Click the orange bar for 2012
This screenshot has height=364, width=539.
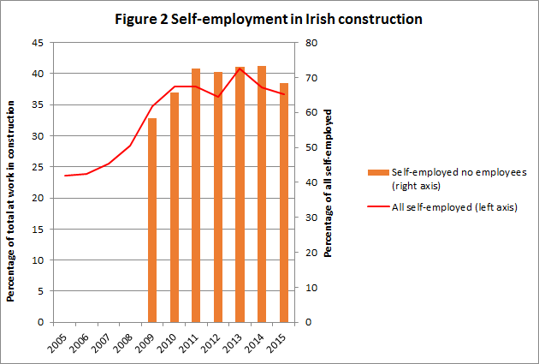218,197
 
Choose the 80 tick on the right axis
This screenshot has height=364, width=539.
313,43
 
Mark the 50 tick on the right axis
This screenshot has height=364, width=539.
313,147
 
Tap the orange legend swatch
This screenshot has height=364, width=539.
377,172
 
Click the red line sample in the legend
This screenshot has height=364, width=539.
376,206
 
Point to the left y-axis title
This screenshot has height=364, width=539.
11,201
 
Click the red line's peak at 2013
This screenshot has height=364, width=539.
240,68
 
